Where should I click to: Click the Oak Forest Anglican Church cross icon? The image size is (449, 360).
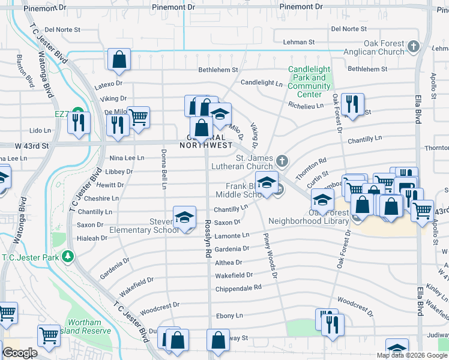[x=413, y=46]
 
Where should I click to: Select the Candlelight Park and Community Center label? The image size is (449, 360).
[x=309, y=82]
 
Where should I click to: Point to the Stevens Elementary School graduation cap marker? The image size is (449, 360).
[x=184, y=217]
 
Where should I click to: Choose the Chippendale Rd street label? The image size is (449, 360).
[x=238, y=288]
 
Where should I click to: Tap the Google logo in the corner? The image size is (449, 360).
[x=20, y=353]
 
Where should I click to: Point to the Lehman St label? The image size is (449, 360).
[x=299, y=42]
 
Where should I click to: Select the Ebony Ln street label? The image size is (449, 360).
[x=230, y=315]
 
